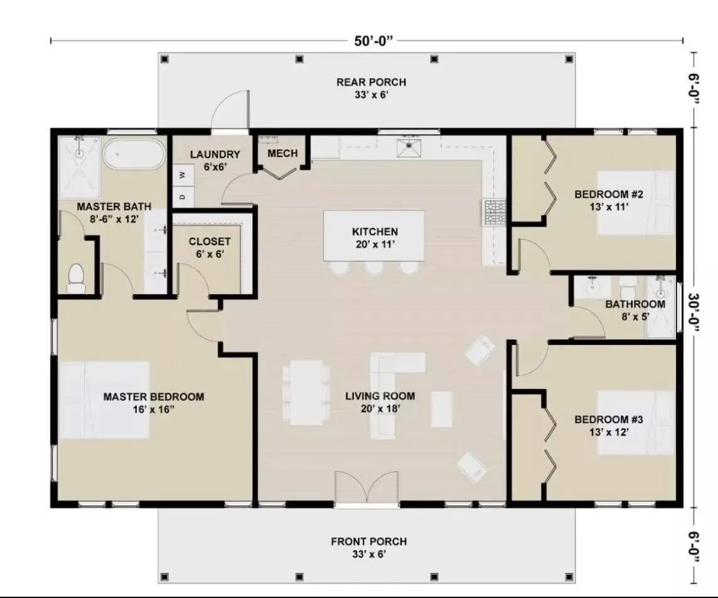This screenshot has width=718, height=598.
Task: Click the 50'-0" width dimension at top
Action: tap(373, 41)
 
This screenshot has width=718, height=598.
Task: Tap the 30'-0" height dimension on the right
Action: tap(694, 316)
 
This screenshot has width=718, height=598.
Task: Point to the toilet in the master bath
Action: tap(76, 279)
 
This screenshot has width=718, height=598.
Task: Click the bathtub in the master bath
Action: tap(134, 154)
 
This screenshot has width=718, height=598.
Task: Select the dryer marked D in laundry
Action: tap(182, 196)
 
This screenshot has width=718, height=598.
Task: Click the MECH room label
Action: tap(282, 154)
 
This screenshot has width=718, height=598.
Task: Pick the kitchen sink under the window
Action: tap(409, 148)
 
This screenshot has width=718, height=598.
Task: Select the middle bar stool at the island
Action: tap(375, 268)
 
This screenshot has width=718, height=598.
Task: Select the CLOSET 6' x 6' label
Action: tap(210, 247)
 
